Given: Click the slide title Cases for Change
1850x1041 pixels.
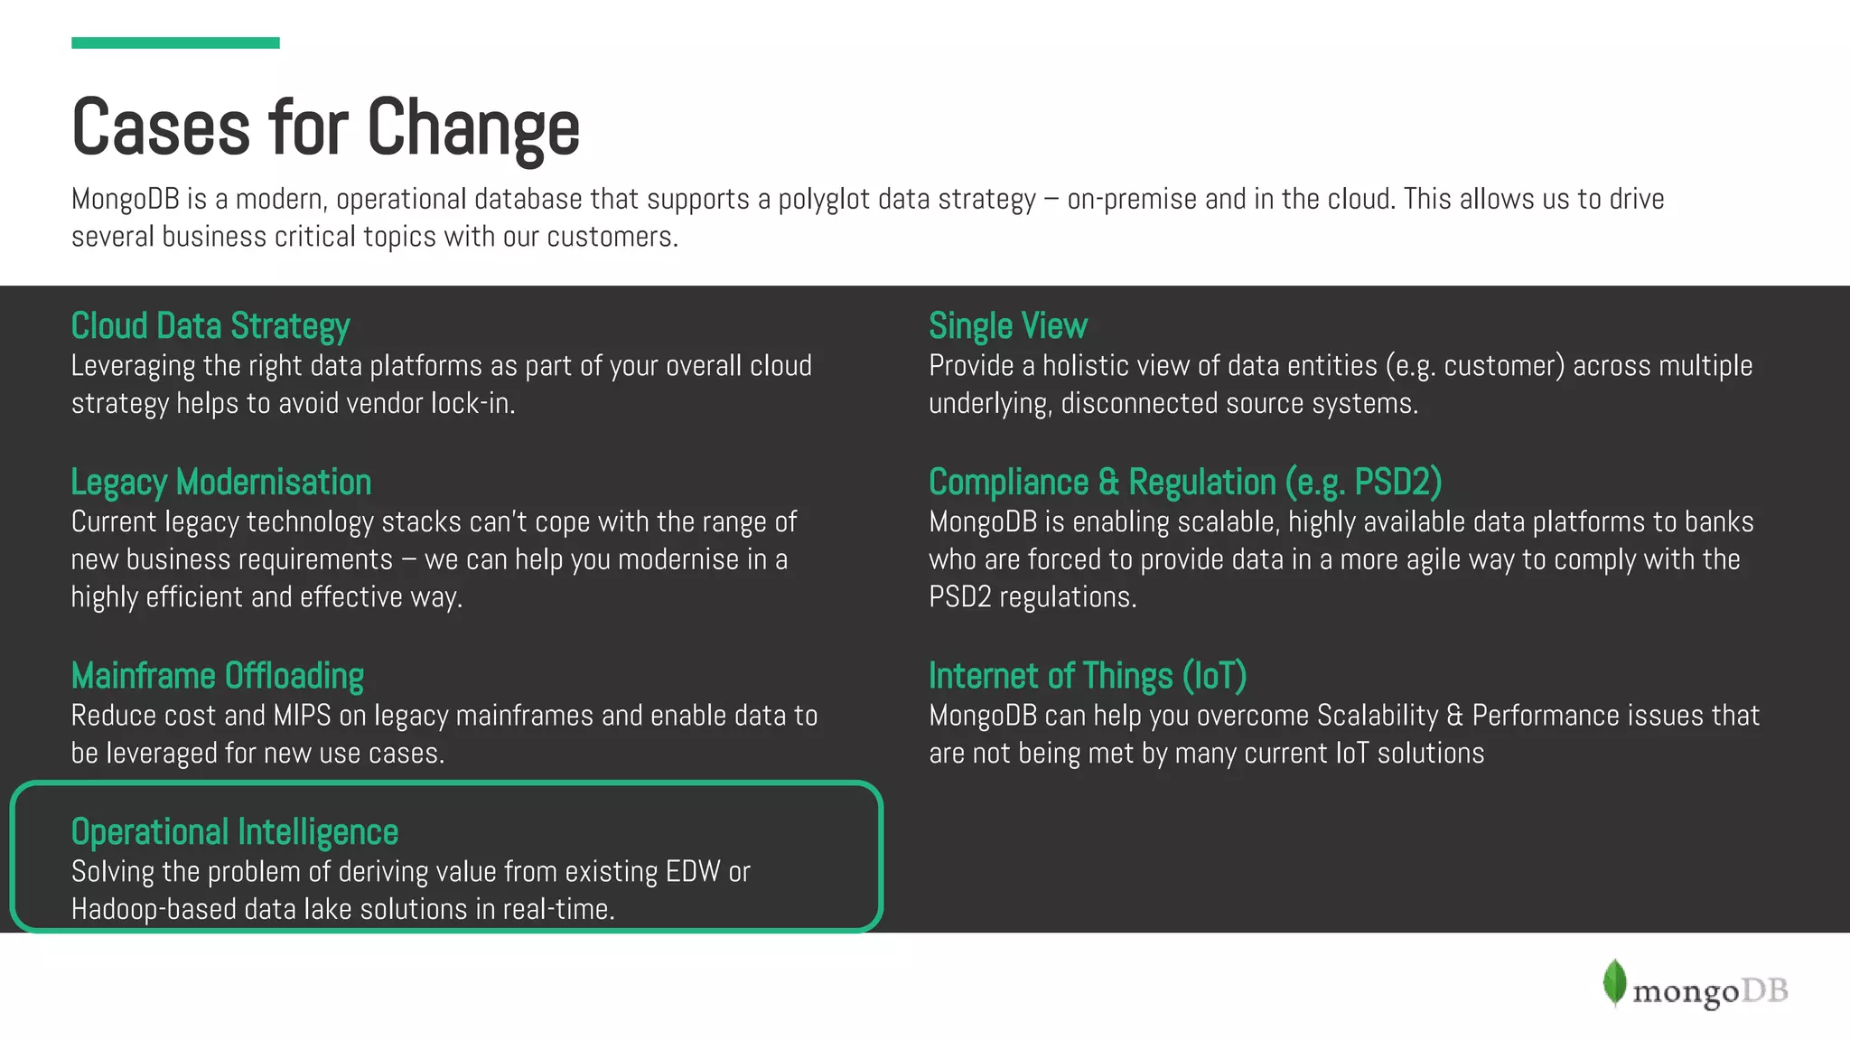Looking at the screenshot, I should (x=325, y=127).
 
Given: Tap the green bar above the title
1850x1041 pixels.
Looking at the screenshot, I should (x=175, y=42).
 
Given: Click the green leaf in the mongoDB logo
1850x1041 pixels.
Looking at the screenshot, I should (x=1614, y=982).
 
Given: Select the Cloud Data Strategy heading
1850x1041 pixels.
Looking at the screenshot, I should (x=210, y=326).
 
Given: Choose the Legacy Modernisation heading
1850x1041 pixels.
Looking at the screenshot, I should (x=221, y=483).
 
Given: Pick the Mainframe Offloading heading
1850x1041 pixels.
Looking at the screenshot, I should (x=218, y=676).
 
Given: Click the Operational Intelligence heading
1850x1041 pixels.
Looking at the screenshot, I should (x=235, y=832).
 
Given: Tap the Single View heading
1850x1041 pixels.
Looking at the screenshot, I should (x=1008, y=326).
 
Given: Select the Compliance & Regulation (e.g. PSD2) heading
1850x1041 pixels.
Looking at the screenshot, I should (x=1185, y=483).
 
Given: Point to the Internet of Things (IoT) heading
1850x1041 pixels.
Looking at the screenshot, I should (x=1088, y=676).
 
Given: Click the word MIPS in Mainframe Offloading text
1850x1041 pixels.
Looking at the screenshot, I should (x=302, y=716).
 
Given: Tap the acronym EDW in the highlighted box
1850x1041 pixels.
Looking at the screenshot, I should (x=693, y=872).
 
